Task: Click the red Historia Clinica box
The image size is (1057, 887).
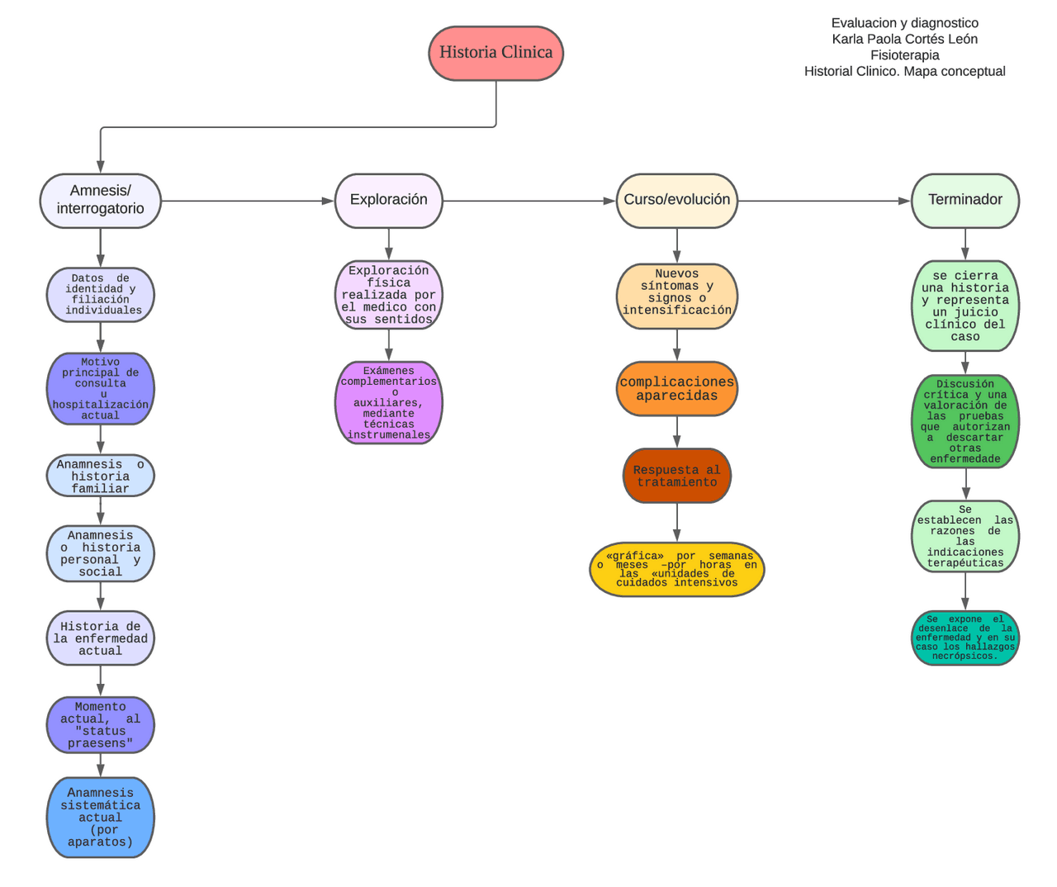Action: tap(495, 53)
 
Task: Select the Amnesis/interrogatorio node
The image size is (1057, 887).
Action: tap(100, 201)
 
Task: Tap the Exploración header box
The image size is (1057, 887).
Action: tap(388, 201)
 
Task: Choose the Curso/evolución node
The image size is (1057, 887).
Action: tap(677, 201)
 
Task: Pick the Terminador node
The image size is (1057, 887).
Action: tap(965, 201)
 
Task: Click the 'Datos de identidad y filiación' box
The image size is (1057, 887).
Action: tap(100, 295)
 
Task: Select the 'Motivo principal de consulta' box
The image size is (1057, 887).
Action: tap(100, 388)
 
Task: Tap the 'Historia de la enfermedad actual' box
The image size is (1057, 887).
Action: tap(100, 638)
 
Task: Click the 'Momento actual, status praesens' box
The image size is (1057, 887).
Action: tap(100, 724)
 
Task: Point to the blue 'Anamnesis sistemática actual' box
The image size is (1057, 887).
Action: tap(100, 817)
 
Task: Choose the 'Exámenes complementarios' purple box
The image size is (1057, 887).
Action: tap(388, 402)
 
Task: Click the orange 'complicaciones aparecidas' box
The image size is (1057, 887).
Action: tap(677, 388)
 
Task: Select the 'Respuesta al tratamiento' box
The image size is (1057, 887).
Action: tap(677, 476)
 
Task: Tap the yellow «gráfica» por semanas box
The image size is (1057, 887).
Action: tap(677, 569)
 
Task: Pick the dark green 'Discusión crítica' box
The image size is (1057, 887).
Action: tap(965, 421)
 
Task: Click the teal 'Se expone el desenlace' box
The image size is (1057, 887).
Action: tap(965, 638)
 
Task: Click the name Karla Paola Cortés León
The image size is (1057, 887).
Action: tap(904, 39)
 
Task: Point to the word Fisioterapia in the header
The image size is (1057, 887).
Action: tap(904, 55)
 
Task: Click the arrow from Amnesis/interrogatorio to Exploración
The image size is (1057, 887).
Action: tap(248, 201)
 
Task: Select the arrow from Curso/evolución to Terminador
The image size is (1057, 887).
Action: tap(825, 201)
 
